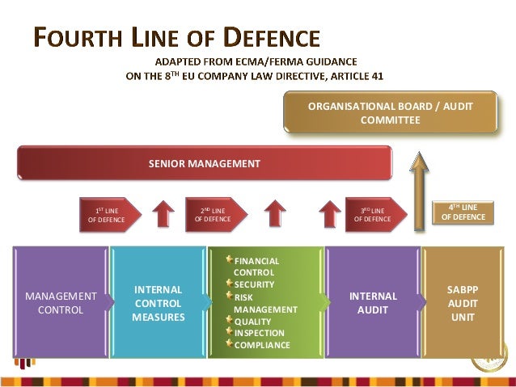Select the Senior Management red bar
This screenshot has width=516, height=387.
(x=205, y=163)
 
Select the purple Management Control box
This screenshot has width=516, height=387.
(x=61, y=302)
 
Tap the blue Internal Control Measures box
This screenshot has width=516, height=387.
(x=159, y=302)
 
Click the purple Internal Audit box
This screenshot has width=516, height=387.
(x=373, y=302)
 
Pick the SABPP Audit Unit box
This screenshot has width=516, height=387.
(x=463, y=302)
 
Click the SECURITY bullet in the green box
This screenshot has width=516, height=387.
(x=254, y=284)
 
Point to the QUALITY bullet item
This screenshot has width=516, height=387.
(x=252, y=321)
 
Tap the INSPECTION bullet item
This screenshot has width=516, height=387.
(x=259, y=333)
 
